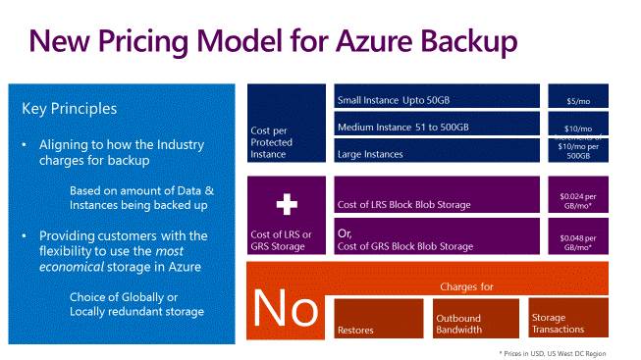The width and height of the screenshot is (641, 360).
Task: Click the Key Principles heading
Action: point(69,109)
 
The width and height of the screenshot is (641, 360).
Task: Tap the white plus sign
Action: point(286,203)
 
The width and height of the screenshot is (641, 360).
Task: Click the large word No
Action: point(286,309)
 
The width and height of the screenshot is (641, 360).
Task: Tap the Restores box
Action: point(379,318)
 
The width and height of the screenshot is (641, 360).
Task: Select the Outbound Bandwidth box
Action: point(475,318)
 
